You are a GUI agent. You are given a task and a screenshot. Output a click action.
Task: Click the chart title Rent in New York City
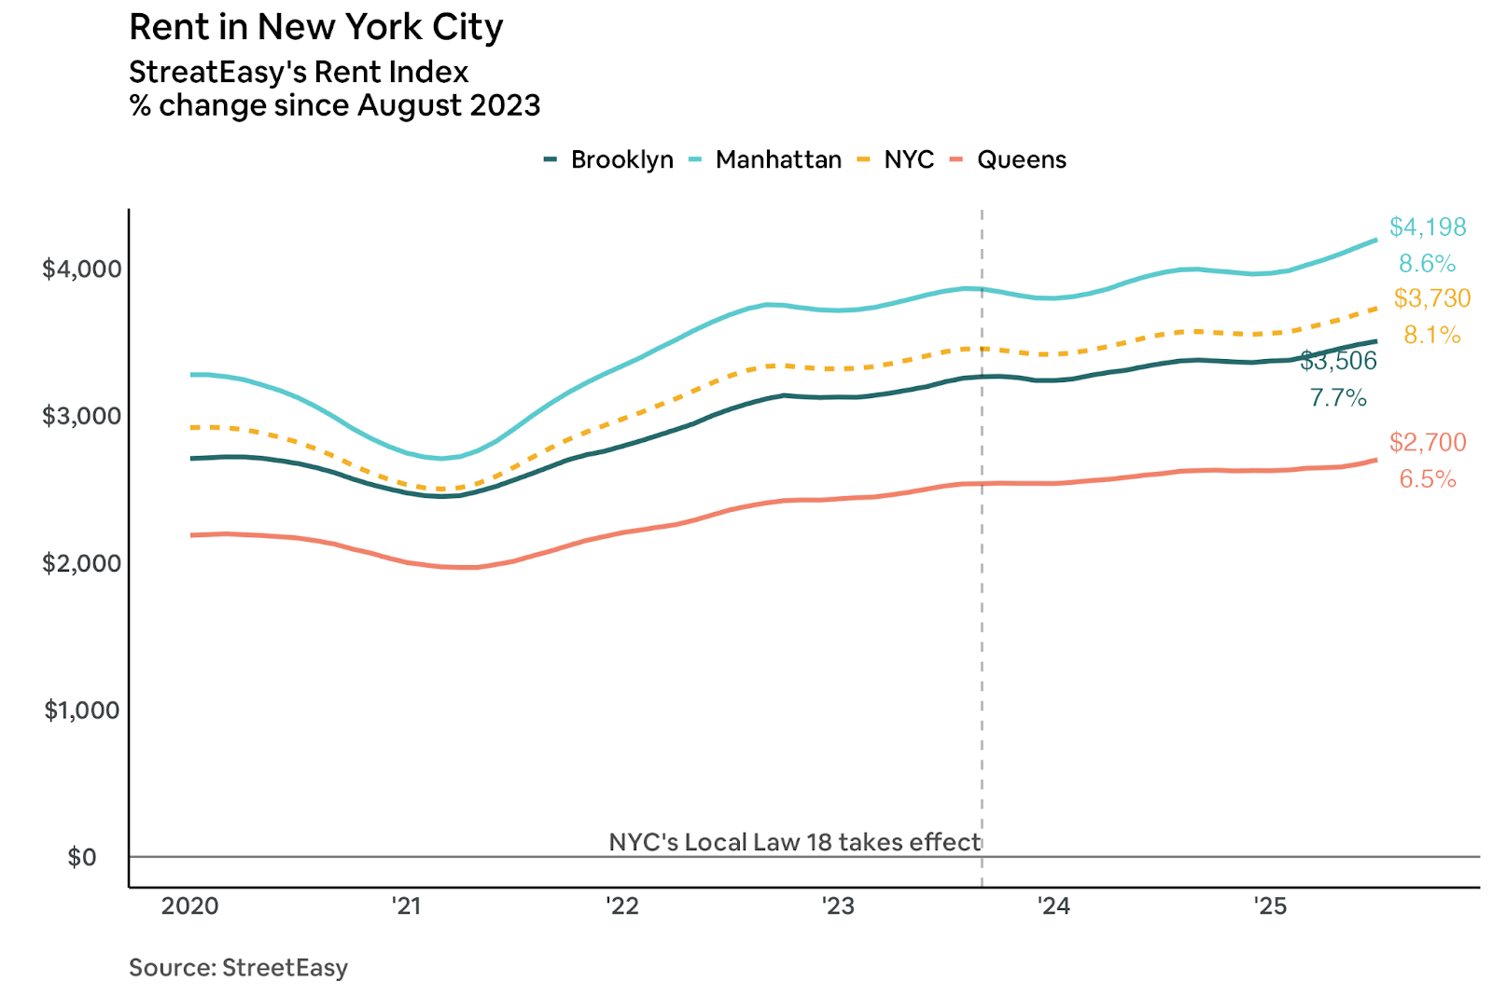click(x=315, y=27)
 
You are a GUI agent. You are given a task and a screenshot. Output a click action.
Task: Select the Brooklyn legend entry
click(x=621, y=159)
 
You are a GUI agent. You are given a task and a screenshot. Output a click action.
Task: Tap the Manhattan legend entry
click(x=777, y=159)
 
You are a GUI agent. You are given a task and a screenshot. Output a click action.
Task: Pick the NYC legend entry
click(x=908, y=159)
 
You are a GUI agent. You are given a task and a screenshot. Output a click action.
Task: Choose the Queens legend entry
click(x=1021, y=159)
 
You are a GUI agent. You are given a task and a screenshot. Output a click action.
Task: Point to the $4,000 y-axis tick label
click(x=82, y=269)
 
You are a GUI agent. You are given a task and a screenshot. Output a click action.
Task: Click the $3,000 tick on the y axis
click(x=82, y=416)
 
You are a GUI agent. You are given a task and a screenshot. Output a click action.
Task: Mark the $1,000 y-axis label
click(x=82, y=711)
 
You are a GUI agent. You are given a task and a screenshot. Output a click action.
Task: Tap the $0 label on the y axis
click(x=82, y=857)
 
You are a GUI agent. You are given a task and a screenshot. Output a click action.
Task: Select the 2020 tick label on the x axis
click(x=189, y=905)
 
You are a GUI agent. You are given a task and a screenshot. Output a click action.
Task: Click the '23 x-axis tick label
click(x=838, y=905)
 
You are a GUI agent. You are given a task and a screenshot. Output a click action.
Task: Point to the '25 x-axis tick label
click(x=1269, y=905)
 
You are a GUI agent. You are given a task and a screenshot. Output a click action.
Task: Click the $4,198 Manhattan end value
click(x=1428, y=227)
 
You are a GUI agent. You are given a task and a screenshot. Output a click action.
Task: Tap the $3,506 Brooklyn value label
click(x=1339, y=361)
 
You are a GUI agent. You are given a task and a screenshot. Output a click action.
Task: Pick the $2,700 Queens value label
click(x=1428, y=442)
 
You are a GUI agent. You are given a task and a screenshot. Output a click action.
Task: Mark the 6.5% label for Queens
click(x=1428, y=479)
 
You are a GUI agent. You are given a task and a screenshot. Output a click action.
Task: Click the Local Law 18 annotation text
click(x=794, y=842)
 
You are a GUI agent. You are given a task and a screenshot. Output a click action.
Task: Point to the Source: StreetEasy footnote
click(x=238, y=967)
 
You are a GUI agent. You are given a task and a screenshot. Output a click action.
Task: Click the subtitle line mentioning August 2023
click(x=335, y=105)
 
